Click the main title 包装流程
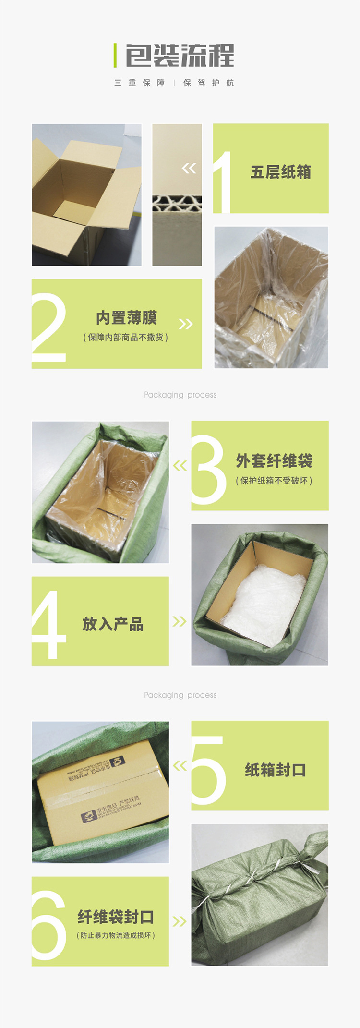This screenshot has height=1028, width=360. pos(180,56)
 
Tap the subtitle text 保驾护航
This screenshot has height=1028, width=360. pos(209,83)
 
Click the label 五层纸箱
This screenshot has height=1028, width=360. pos(281,172)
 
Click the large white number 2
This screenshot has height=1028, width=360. pos(48,327)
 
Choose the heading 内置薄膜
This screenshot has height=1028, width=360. pos(126,318)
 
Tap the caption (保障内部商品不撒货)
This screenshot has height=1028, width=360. pos(126,338)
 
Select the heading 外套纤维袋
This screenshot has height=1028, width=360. pos(274,461)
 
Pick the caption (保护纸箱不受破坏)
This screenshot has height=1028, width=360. pos(274,481)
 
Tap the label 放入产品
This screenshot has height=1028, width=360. pos(113,624)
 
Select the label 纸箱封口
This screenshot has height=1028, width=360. pos(275,770)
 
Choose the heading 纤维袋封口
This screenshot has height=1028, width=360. pos(116,917)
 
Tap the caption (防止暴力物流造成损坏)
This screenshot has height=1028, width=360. pos(116,935)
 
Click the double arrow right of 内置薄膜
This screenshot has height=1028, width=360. pos(185,324)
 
